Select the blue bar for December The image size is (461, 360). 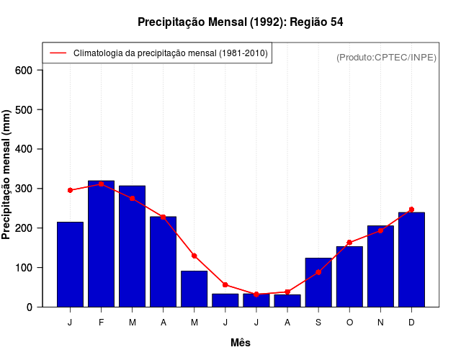pos(411,259)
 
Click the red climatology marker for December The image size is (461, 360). pos(411,210)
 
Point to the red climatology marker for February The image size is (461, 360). pos(102,184)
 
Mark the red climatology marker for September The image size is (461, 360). pos(318,272)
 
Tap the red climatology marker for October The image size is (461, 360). pos(349,243)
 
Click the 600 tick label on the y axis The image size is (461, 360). pos(24,71)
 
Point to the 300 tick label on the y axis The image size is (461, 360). pos(24,189)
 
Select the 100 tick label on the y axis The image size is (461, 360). pos(24,268)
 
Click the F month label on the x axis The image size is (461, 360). pos(102,323)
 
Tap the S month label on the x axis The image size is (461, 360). pos(318,323)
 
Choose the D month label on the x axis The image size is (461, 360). pos(411,323)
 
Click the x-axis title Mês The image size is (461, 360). pos(241,343)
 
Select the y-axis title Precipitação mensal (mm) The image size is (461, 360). pos(6,175)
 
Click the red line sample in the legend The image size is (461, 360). pos(58,53)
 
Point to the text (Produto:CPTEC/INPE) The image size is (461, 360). pos(386,58)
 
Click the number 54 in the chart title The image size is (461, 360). pos(336,22)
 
